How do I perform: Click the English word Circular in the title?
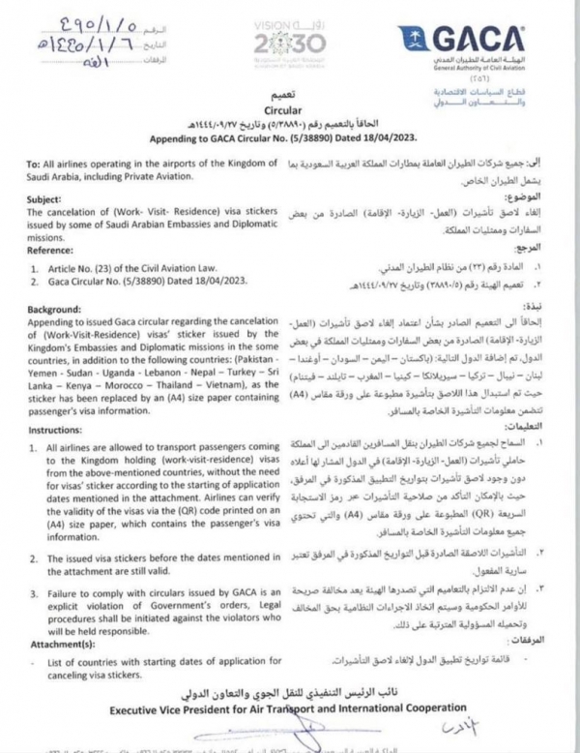click(289, 111)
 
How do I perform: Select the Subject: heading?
click(35, 195)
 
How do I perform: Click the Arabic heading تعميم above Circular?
click(290, 98)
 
